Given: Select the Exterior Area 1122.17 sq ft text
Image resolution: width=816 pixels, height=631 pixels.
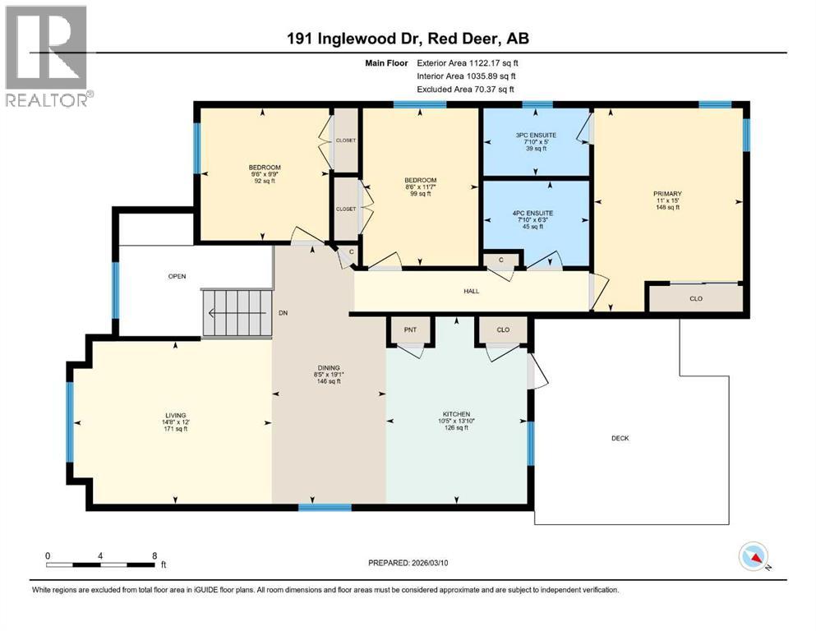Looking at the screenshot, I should [x=468, y=62].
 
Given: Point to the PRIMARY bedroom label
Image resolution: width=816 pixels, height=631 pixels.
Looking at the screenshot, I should [x=668, y=194].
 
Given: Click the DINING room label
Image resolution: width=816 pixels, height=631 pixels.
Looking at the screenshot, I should [x=329, y=368].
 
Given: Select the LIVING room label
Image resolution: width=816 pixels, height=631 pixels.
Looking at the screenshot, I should [x=175, y=415].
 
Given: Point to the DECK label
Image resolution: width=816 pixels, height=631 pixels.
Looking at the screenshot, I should [x=620, y=438].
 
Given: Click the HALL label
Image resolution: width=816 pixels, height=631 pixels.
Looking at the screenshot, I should [x=471, y=291].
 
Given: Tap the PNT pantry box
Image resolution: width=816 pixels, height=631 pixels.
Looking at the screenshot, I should [x=411, y=329].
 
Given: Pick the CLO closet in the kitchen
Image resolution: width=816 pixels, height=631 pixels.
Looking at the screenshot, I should [x=503, y=329].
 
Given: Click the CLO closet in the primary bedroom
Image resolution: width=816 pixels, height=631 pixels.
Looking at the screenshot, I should [x=695, y=298].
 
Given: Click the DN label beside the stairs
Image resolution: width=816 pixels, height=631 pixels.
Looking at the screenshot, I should [x=283, y=313].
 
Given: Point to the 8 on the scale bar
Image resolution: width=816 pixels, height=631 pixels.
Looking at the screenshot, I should [x=154, y=555].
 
